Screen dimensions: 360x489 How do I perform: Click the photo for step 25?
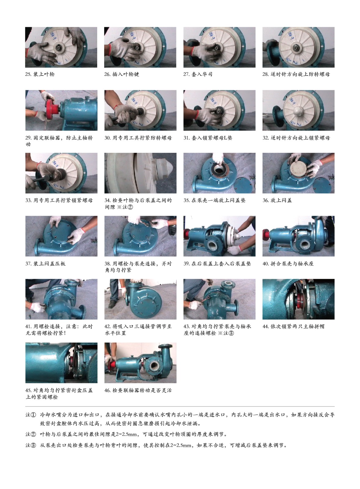point(61,47)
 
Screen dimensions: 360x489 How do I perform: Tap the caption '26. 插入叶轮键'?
point(122,74)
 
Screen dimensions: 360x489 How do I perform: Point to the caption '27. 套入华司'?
point(198,74)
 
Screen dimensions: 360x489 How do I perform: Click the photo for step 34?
point(140,173)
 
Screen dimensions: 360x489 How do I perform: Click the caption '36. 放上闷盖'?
point(277,200)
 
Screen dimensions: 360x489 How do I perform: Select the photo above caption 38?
point(140,236)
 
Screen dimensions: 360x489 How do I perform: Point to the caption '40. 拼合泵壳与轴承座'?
point(288,264)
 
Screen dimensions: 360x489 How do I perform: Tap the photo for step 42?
point(140,299)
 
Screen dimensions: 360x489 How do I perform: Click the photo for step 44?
point(299,299)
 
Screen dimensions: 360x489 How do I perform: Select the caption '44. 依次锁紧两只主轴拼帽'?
point(294,327)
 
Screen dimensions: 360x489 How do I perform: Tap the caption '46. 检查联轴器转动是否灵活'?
point(138,390)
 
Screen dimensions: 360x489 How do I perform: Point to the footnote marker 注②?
point(31,434)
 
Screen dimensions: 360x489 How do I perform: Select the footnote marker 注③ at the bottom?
point(31,445)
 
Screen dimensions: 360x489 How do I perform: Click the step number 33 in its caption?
point(28,200)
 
